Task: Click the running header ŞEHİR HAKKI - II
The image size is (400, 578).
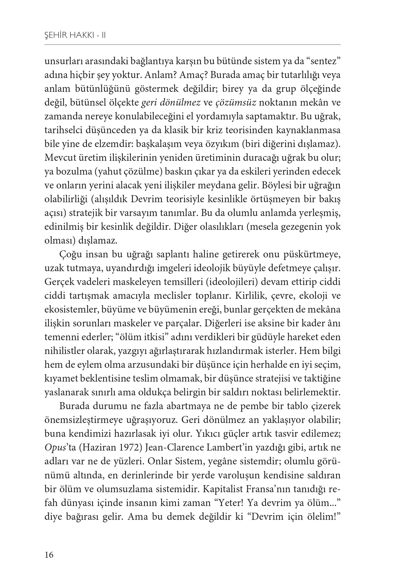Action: [x=75, y=36]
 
